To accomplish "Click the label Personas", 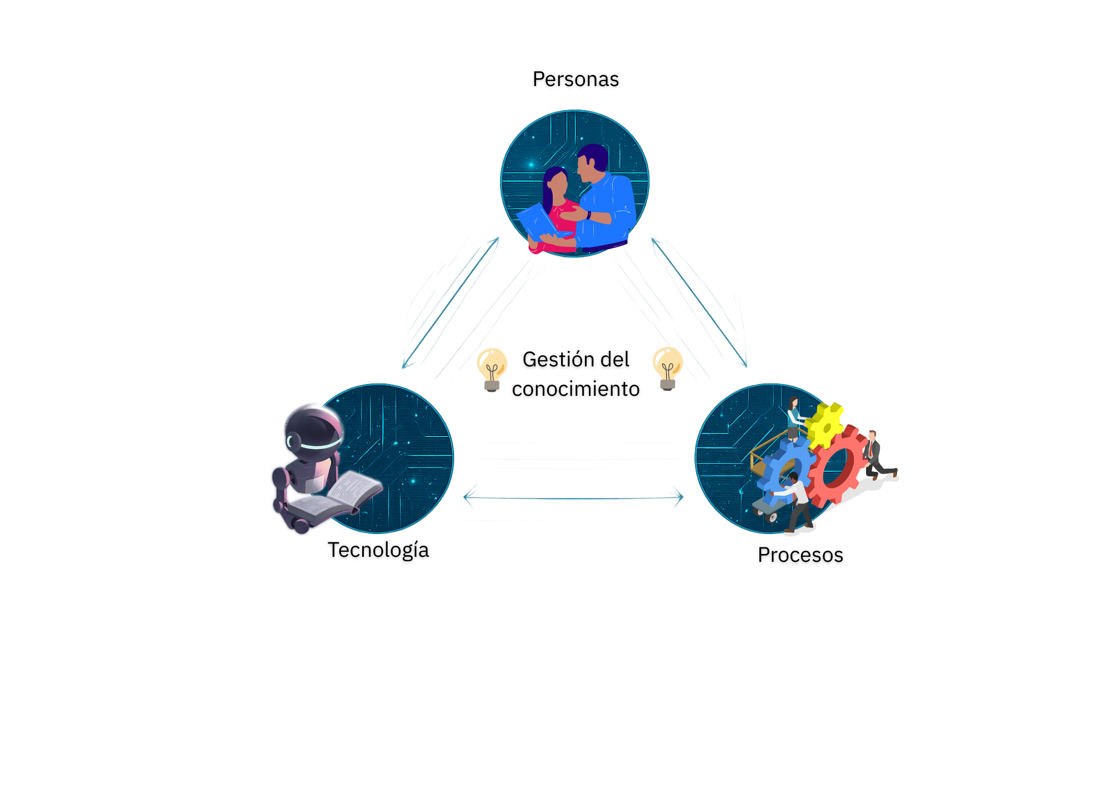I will pos(575,79).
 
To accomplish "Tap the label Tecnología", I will pos(378,550).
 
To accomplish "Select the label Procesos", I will pos(800,555).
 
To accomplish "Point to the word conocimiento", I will pos(575,389).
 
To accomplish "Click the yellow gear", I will pos(824,425).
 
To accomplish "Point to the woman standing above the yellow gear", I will pos(794,416).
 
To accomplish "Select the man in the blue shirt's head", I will pos(592,161).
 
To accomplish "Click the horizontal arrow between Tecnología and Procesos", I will pos(573,498).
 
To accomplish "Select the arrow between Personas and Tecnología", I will pos(451,303).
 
